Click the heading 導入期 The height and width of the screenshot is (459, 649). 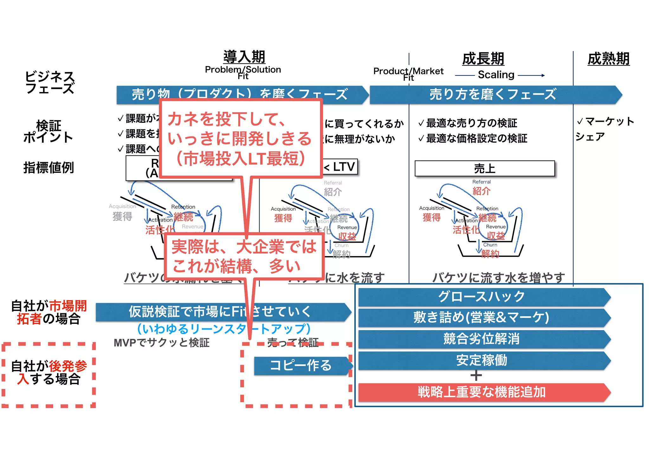244,57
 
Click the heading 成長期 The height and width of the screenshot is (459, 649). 483,59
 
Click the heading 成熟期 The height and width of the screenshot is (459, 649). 608,59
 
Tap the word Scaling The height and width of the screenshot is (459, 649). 496,75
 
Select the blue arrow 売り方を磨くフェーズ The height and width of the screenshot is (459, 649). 493,95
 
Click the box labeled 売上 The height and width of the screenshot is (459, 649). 485,168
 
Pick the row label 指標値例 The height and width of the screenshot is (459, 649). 48,167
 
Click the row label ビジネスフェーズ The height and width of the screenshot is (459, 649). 50,82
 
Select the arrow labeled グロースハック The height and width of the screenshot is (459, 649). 482,297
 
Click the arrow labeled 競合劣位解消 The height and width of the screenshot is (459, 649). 482,339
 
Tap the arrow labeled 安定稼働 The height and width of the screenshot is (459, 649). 482,360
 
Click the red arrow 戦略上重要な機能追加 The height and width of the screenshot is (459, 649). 482,392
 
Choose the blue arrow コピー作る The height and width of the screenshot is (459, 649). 301,366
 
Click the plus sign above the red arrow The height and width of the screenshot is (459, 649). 476,376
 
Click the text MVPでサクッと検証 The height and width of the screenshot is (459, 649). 162,343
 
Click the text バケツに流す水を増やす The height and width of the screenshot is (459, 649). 498,278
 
